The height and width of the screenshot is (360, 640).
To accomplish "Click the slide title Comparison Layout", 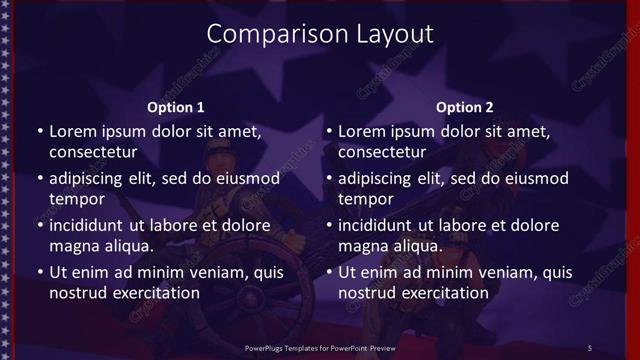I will pos(320,33).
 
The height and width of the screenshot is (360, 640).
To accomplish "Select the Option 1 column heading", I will pos(176,107).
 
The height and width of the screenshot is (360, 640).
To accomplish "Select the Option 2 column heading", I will pos(465,107).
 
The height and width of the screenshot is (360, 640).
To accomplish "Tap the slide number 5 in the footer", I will pos(590,347).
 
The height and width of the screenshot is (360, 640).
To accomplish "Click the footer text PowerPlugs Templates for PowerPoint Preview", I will pos(320,347).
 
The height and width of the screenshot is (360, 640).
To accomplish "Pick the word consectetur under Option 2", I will pos(381,153).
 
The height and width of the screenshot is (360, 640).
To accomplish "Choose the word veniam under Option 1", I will pos(212,272).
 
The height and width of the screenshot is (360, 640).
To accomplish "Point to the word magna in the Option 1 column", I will pos(72,247).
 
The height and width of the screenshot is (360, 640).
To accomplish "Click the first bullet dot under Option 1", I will pos(40,131).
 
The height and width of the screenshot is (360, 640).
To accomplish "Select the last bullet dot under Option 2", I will pos(329,272).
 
